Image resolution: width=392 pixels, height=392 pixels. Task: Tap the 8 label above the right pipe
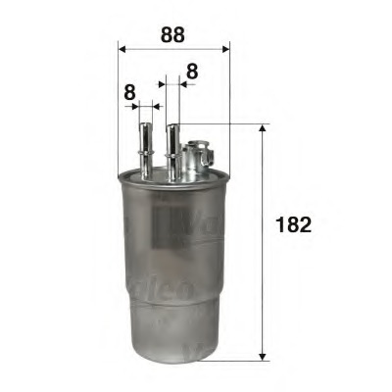191,71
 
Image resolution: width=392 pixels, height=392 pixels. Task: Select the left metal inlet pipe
146,147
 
